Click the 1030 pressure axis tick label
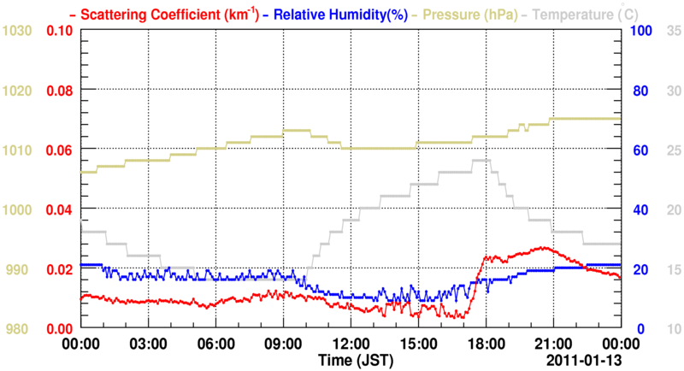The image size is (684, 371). pyautogui.click(x=18, y=31)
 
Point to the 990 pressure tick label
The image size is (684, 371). pyautogui.click(x=18, y=269)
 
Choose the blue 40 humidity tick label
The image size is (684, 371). pyautogui.click(x=637, y=209)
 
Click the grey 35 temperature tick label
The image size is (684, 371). pyautogui.click(x=672, y=31)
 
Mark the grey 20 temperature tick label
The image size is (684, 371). pyautogui.click(x=672, y=209)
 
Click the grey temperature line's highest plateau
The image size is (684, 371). pyautogui.click(x=481, y=160)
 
